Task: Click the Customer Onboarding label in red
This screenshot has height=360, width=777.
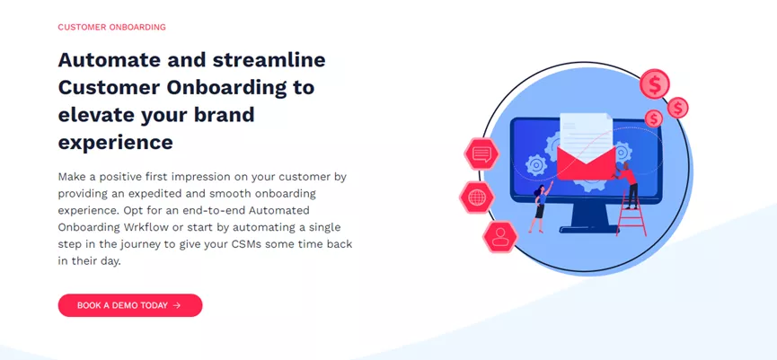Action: tap(112, 27)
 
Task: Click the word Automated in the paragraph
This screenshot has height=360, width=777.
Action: tap(279, 210)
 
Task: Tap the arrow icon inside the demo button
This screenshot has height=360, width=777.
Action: tap(177, 305)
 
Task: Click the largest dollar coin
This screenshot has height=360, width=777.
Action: tap(655, 84)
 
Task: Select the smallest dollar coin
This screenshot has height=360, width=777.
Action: tap(654, 119)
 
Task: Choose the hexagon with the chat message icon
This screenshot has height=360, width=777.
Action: tap(481, 154)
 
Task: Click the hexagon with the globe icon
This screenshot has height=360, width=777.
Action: tap(477, 198)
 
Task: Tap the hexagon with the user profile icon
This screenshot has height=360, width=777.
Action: tap(500, 236)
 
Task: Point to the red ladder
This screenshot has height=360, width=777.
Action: tap(631, 213)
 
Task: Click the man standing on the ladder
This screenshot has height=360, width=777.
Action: tap(627, 184)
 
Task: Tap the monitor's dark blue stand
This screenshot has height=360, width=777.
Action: tap(587, 219)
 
